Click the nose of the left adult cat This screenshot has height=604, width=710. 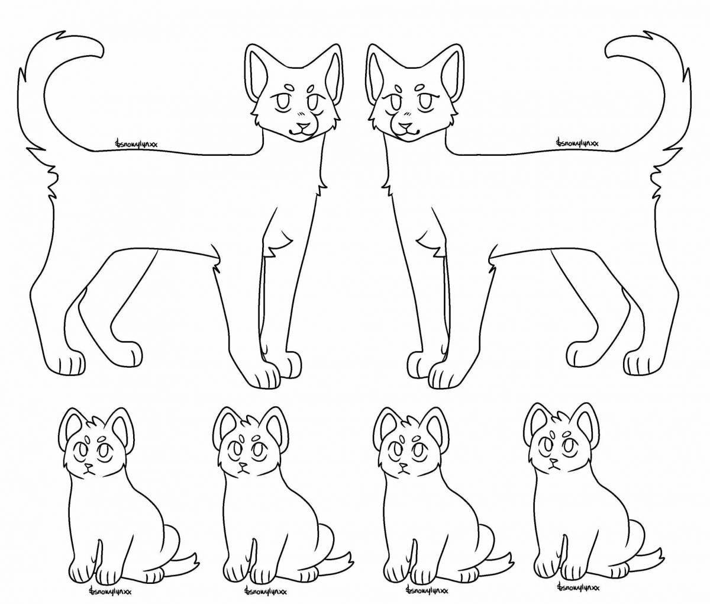pyautogui.click(x=302, y=126)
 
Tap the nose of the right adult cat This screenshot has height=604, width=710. pyautogui.click(x=405, y=126)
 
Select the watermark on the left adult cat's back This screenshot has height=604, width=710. pyautogui.click(x=137, y=143)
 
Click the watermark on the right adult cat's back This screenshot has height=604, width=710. pyautogui.click(x=577, y=143)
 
